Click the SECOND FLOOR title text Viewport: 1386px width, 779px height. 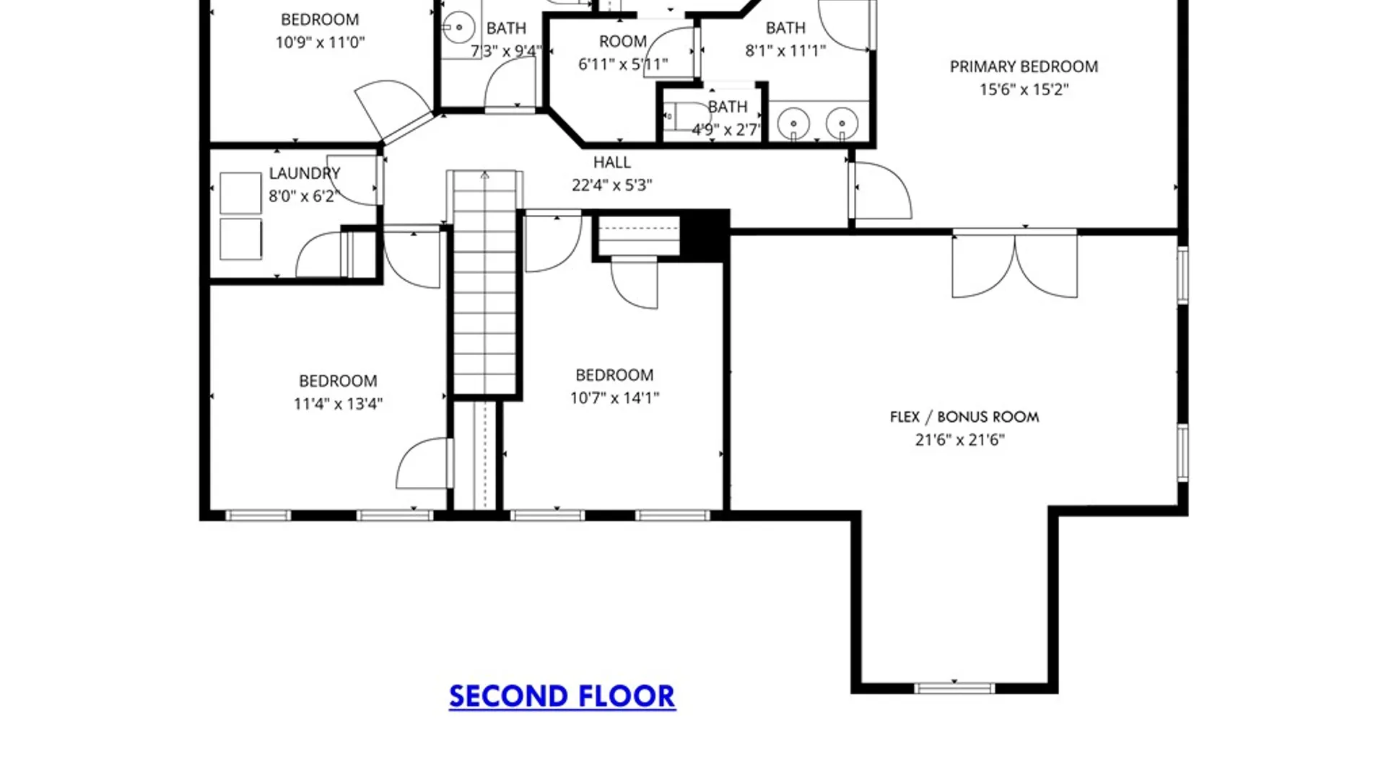[562, 696]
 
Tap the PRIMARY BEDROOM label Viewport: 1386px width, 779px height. [1024, 66]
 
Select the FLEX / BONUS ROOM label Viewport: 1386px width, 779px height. [964, 417]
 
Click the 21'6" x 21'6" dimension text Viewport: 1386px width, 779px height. [959, 439]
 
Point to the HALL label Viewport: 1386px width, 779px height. [612, 162]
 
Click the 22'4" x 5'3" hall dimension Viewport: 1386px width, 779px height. [612, 185]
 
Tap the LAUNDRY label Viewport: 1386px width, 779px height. [304, 173]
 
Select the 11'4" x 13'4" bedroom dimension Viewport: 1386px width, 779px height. [338, 404]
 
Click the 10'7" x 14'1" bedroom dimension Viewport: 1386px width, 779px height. [614, 397]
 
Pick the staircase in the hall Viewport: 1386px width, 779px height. [484, 283]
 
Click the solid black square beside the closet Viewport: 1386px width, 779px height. [705, 235]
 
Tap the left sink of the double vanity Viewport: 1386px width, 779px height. [793, 123]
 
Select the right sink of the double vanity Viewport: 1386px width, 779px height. [842, 123]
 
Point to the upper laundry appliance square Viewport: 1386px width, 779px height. [240, 193]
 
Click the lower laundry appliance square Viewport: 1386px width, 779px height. [240, 239]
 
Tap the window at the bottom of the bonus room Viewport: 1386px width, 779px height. [954, 688]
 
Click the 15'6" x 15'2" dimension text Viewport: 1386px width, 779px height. [1024, 89]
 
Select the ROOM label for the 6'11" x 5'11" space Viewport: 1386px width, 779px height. [623, 41]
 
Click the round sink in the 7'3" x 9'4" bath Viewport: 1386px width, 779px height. [458, 28]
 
